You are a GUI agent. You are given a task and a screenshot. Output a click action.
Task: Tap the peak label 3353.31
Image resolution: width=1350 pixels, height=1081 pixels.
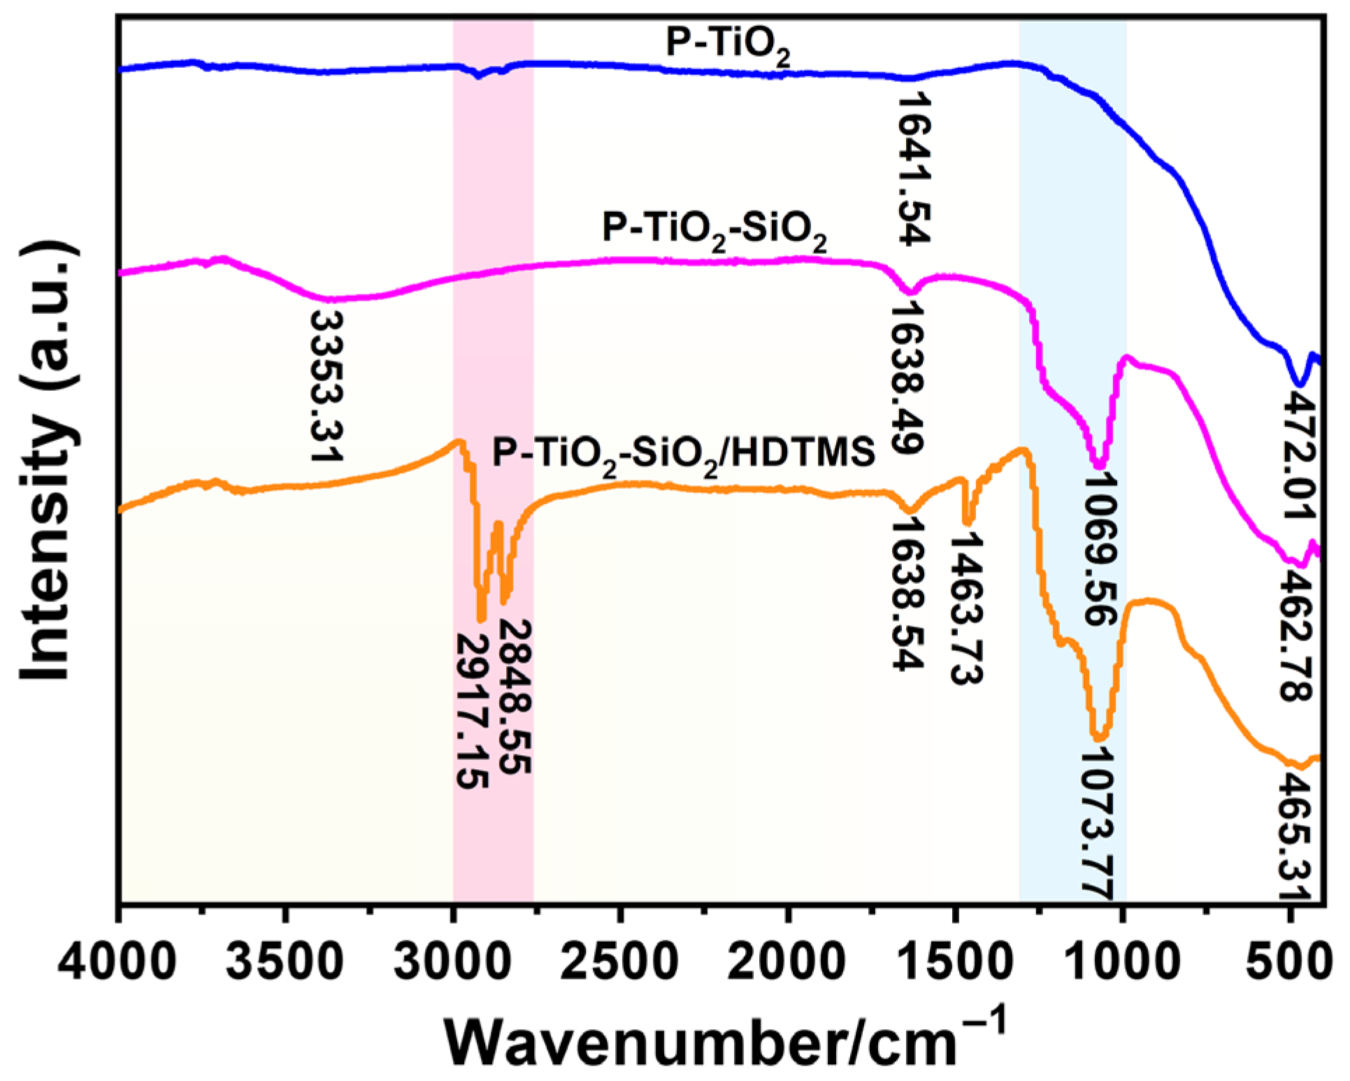[326, 385]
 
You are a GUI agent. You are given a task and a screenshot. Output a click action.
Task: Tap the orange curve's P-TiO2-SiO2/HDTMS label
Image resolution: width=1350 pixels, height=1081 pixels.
[684, 454]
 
